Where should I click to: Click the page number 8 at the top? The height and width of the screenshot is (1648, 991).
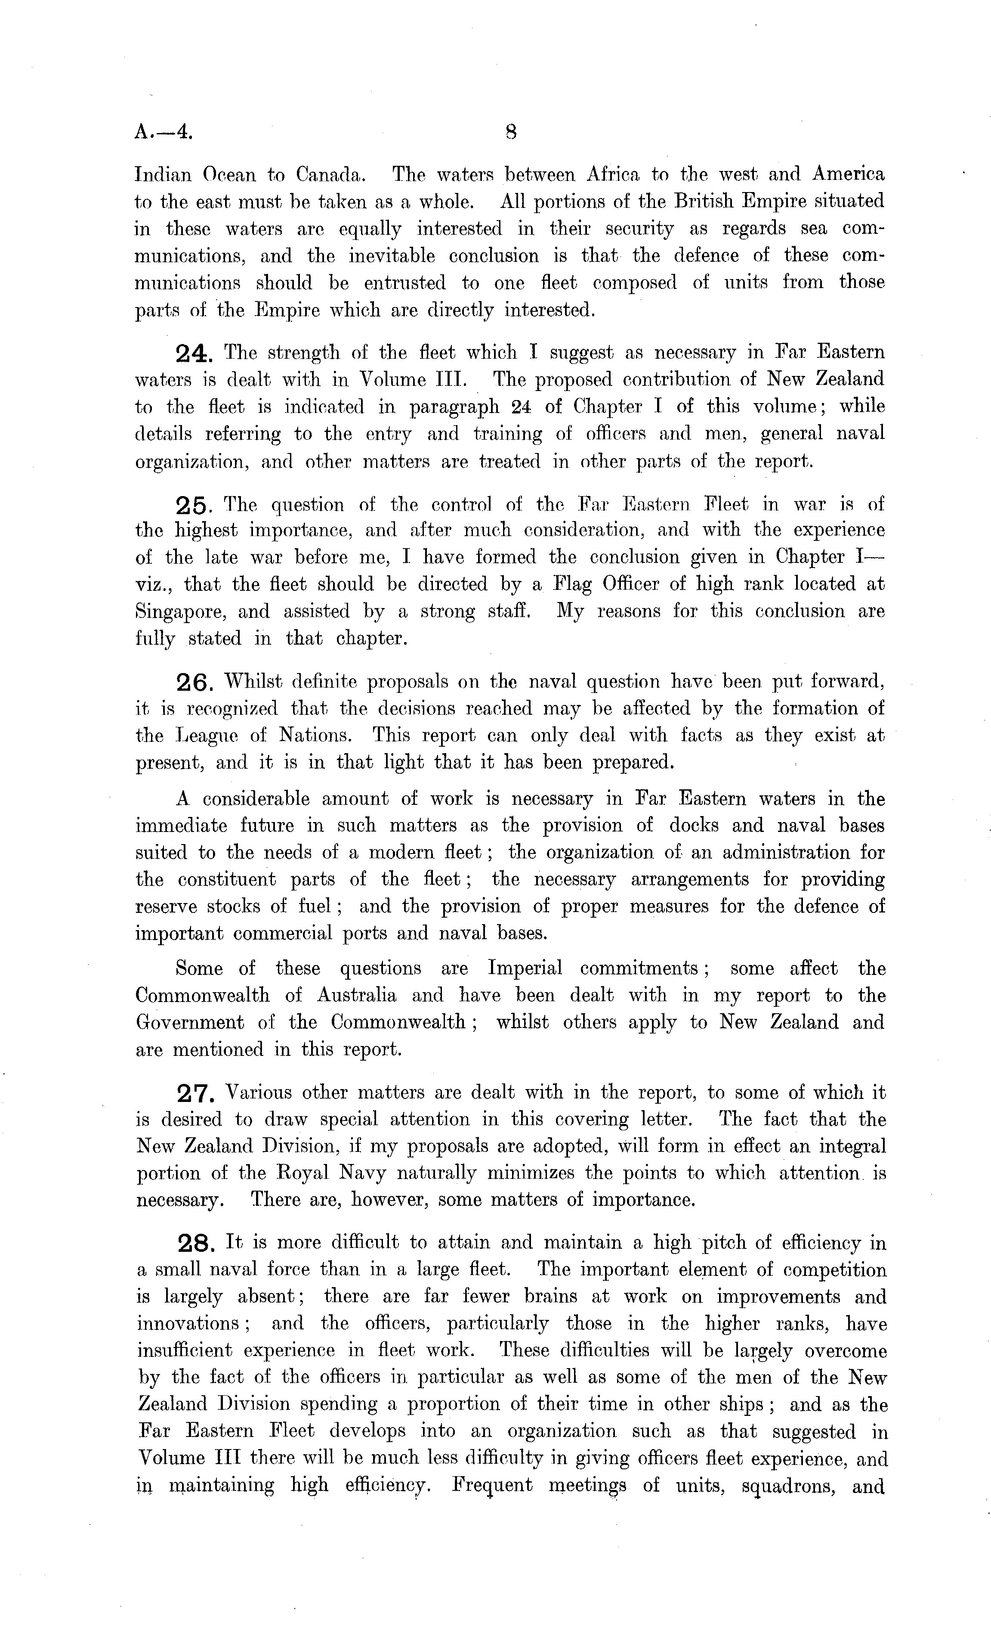512,132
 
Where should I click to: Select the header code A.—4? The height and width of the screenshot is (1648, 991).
164,132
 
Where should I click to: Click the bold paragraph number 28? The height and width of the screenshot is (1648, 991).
196,1244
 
